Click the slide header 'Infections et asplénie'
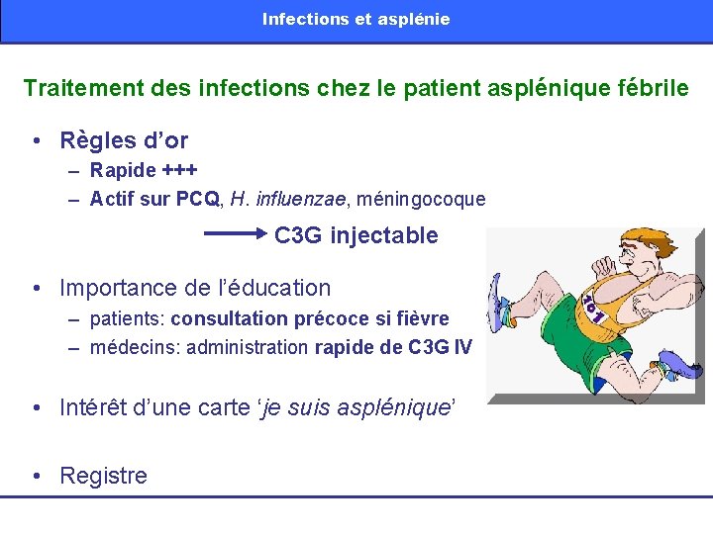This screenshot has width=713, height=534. [356, 19]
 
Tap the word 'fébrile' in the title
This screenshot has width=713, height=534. [650, 88]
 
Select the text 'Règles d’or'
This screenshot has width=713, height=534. [124, 140]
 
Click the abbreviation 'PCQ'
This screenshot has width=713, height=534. [198, 199]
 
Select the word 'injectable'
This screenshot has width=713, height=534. [384, 235]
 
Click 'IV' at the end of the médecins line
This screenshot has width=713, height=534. [462, 347]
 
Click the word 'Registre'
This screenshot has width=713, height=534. [103, 476]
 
